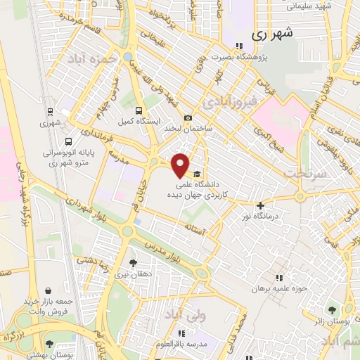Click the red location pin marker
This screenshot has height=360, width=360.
181,165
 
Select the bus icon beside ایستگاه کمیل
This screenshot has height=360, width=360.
139,110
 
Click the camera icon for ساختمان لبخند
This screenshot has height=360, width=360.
187,118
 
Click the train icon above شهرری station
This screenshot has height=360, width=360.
49,112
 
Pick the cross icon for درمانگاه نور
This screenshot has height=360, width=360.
260,205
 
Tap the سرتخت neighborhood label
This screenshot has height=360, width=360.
306,172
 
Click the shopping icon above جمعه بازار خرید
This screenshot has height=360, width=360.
47,290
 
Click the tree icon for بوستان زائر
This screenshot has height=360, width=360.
331,309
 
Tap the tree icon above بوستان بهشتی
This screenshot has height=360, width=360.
49,345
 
